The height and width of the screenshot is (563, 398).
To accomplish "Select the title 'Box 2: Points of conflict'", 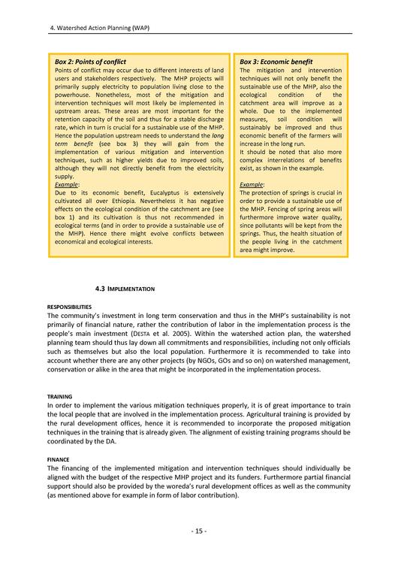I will tap(91, 61).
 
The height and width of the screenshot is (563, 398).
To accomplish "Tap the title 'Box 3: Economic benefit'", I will tap(276, 61).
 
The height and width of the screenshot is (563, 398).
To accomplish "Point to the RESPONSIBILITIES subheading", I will tap(74, 307).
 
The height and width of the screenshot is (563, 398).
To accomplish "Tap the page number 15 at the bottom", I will tap(199, 531).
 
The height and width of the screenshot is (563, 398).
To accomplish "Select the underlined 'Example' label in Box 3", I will tap(252, 184).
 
